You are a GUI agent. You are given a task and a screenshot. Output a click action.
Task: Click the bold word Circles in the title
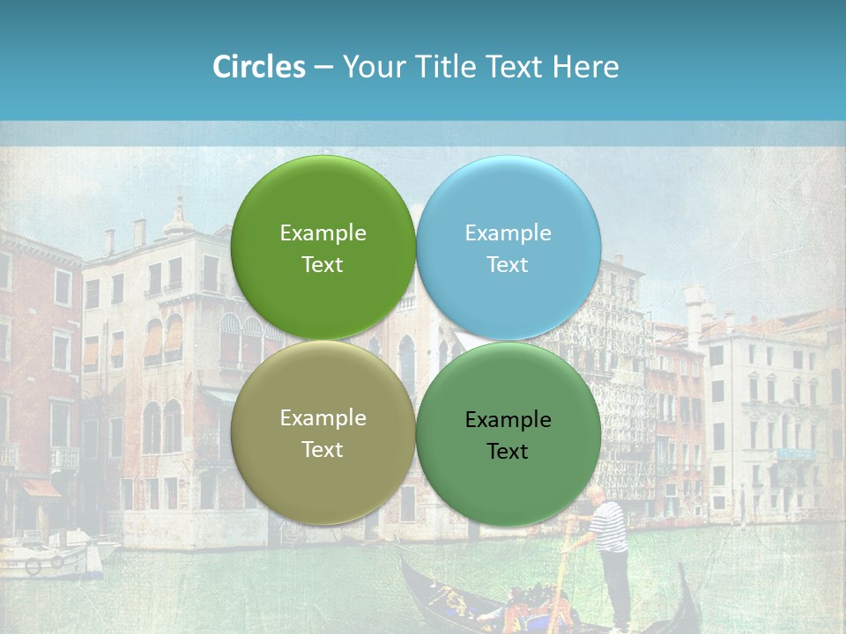[259, 67]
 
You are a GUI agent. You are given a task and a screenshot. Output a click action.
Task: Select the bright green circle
[323, 247]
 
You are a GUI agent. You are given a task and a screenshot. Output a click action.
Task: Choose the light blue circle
[508, 247]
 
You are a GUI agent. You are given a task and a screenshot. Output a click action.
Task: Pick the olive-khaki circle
[323, 432]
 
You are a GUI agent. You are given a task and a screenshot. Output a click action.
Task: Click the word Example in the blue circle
[508, 232]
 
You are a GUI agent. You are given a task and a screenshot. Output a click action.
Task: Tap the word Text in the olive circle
[323, 449]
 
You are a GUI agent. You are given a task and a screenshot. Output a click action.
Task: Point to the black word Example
[508, 419]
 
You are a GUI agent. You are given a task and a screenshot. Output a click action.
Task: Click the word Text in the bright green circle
[323, 264]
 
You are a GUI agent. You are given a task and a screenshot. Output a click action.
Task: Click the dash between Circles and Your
[323, 67]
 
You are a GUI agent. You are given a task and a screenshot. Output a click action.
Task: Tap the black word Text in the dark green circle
[508, 451]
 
